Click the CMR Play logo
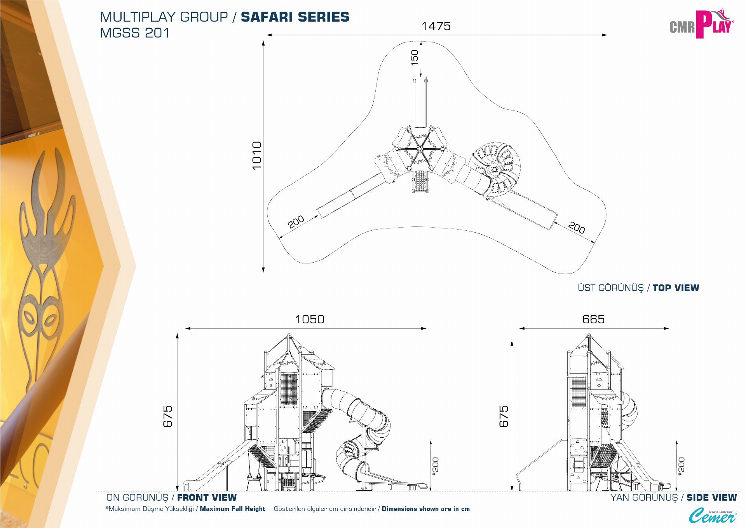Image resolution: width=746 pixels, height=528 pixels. coord(701,24)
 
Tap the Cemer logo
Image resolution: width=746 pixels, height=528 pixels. coord(712,516)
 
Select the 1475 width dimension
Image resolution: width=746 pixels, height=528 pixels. coord(436,26)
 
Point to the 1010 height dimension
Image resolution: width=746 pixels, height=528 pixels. coord(257,155)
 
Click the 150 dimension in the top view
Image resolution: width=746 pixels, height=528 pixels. coord(415,58)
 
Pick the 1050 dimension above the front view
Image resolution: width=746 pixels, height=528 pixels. coord(310,319)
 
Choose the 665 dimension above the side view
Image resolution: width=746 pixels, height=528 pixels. coord(593,319)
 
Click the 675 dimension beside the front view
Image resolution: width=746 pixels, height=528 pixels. coord(167,416)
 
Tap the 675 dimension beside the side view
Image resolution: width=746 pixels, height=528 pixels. coord(504,416)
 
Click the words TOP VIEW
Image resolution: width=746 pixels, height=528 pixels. coord(676,288)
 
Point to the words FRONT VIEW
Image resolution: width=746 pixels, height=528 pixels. coord(207,498)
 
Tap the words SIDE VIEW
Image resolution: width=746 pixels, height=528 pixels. coord(711,498)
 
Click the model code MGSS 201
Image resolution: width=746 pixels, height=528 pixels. coord(135,33)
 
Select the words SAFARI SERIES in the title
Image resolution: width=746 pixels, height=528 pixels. coord(295,17)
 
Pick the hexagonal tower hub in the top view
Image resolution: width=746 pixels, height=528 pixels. coord(420,149)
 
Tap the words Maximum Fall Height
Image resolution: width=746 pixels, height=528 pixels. coord(232,509)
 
